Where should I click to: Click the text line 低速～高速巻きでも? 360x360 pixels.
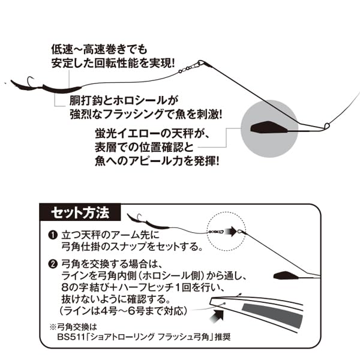pos(91,48)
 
